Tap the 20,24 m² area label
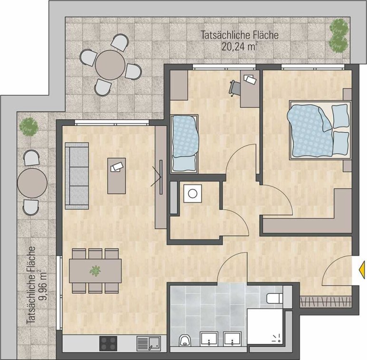[239, 47]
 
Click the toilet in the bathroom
[275, 298]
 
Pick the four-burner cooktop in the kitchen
[108, 343]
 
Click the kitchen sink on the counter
[149, 343]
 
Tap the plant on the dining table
[95, 271]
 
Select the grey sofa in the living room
[77, 175]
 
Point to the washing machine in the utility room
[193, 194]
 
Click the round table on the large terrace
[110, 65]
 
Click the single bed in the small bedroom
[184, 144]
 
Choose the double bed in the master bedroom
[320, 130]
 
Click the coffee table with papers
[116, 176]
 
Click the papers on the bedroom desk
[250, 79]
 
